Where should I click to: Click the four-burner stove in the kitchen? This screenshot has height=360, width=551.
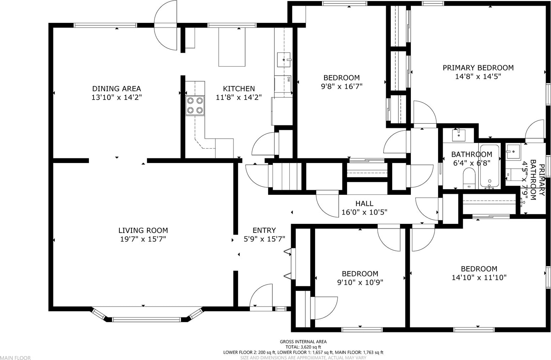pos(195,106)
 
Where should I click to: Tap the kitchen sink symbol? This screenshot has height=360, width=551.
pos(284,59)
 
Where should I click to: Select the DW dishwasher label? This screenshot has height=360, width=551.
pos(288,79)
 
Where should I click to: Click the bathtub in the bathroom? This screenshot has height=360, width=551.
pos(489,167)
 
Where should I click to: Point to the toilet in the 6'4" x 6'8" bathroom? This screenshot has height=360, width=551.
pos(469,178)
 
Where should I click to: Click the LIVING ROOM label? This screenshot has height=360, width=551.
pos(143,230)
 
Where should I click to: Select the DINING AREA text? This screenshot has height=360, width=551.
pos(117,88)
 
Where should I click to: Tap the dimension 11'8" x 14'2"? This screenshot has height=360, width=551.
pos(239,97)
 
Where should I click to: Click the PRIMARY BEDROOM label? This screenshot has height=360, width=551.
pos(478,68)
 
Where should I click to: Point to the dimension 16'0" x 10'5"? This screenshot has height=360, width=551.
pos(364,212)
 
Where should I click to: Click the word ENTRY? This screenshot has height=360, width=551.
pos(264,230)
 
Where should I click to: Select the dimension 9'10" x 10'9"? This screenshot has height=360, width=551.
pos(360,282)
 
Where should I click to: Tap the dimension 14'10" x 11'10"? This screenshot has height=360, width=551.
pos(479,278)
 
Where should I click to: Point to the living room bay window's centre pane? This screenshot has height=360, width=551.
pos(146,320)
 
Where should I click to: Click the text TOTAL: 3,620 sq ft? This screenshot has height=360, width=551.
pos(303,347)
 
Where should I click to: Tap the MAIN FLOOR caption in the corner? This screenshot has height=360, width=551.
pos(15,358)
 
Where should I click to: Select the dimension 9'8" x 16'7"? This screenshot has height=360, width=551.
pos(342,86)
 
